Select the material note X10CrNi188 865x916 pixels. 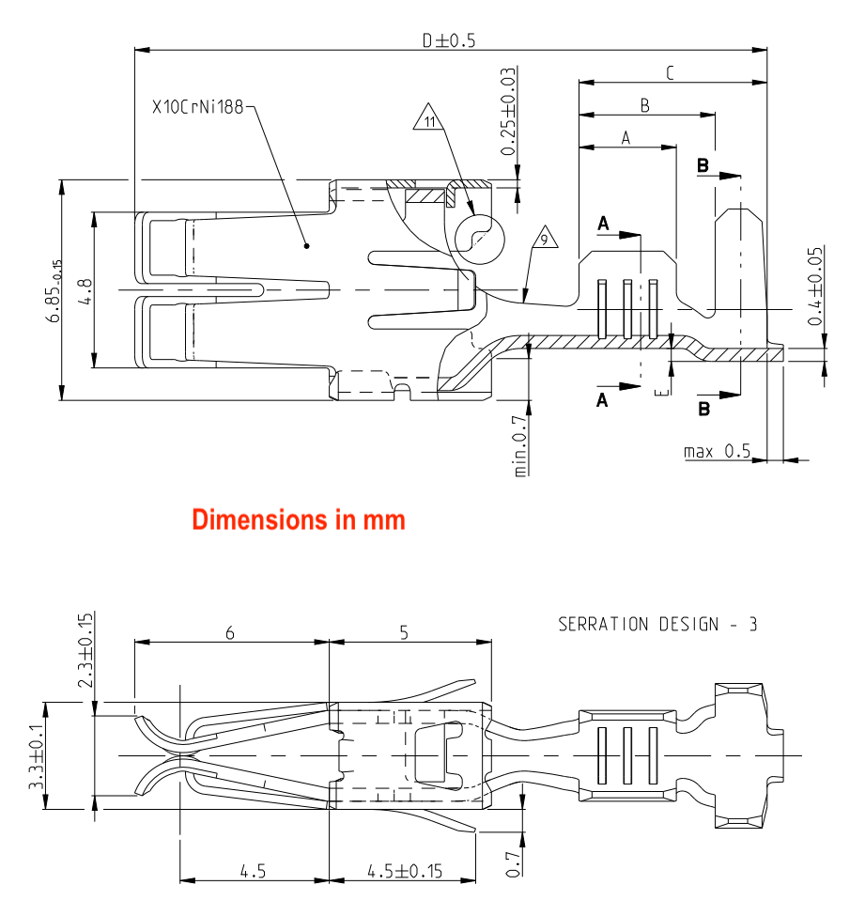(197, 107)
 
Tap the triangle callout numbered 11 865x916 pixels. (430, 120)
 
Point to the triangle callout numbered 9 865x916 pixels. (544, 240)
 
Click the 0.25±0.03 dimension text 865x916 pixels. (508, 112)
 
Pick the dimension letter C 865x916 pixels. (670, 72)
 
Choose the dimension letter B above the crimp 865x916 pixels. (645, 106)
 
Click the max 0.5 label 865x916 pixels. (718, 452)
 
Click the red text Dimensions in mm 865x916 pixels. (299, 519)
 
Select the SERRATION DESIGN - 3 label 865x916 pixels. (657, 624)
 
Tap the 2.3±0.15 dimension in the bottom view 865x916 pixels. (86, 650)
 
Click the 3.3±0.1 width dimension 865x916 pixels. (37, 754)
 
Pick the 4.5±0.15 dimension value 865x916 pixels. (404, 871)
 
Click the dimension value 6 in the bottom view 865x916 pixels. (229, 633)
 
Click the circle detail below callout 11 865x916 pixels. (479, 235)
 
